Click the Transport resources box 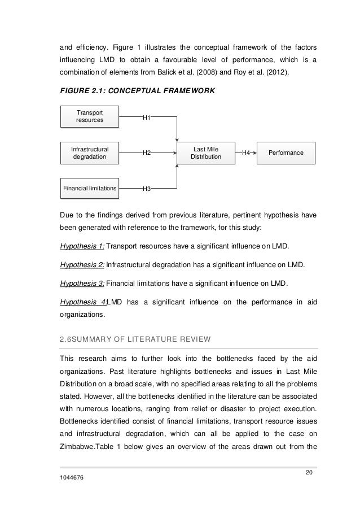(90, 117)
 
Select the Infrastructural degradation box (90, 153)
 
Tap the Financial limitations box (90, 188)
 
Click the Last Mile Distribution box (205, 153)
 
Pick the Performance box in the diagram (287, 153)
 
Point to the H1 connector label (146, 117)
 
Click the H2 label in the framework (146, 153)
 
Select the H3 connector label (146, 189)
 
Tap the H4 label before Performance (246, 153)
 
